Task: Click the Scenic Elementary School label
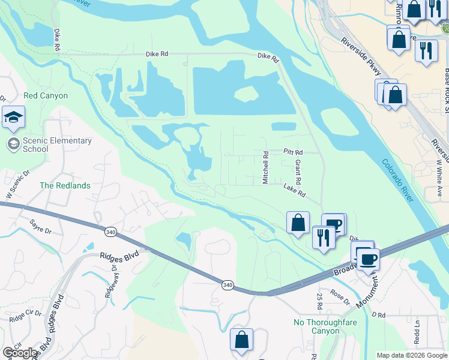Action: (58, 145)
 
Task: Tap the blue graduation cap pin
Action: (13, 118)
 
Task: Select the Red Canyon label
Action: (46, 96)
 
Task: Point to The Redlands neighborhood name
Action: (65, 186)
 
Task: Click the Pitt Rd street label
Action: (293, 153)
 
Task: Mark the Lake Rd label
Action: (295, 191)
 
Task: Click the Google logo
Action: (20, 353)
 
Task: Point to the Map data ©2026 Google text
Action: (412, 355)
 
